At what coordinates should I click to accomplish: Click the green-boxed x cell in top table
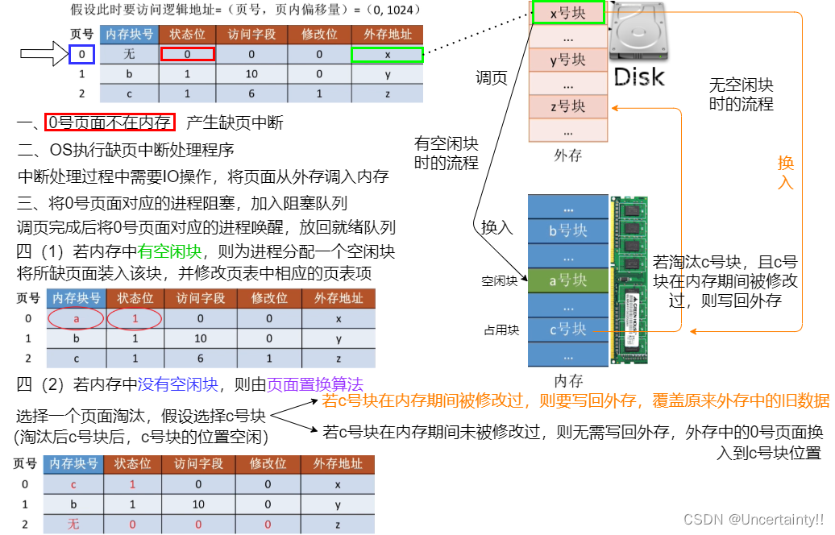tap(388, 55)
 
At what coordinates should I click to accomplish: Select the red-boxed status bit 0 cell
tap(187, 55)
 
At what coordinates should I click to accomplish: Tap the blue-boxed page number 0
tap(81, 55)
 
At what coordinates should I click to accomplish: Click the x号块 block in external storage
tap(567, 13)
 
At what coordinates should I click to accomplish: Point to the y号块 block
tap(567, 60)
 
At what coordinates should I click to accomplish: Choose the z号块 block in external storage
tap(567, 106)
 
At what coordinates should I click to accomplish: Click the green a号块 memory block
tap(567, 280)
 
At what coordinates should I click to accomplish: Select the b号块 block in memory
tap(567, 230)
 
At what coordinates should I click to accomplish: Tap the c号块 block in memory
tap(567, 329)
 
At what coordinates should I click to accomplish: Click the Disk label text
tap(640, 77)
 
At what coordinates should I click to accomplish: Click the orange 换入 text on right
tap(786, 172)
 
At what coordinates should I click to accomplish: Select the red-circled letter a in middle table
tap(77, 318)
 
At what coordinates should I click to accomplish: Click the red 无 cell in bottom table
tap(74, 524)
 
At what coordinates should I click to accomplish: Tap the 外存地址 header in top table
tap(388, 35)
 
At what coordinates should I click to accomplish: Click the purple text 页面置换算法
tap(315, 384)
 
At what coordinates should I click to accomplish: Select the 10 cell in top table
tap(251, 74)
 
